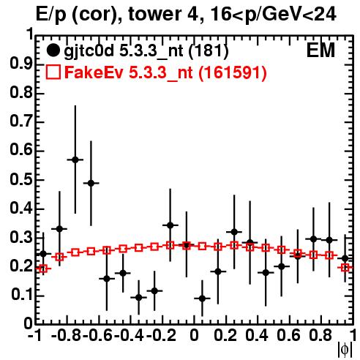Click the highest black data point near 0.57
coord(75,160)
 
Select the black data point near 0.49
coord(91,183)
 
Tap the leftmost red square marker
coord(43,269)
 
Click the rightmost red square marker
coord(345,268)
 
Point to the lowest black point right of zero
coord(202,299)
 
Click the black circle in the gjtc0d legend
coord(53,50)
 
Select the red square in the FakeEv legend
coord(53,72)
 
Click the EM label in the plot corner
coord(320,50)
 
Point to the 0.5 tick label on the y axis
coord(21,180)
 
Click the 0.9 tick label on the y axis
coord(21,64)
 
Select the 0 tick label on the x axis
coord(194,335)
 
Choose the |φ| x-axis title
coord(345,350)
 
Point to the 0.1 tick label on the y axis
coord(22,295)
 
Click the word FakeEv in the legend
coord(94,72)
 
